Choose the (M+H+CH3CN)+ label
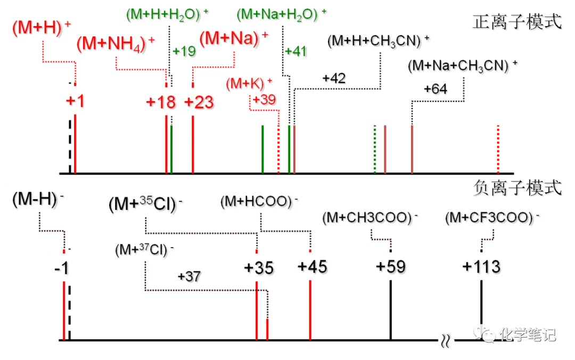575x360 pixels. click(x=379, y=40)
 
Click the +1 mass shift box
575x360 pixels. click(x=75, y=101)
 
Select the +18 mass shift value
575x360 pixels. click(x=160, y=102)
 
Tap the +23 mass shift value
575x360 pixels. click(x=199, y=102)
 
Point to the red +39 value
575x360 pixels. click(x=264, y=100)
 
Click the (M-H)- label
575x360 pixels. click(x=38, y=199)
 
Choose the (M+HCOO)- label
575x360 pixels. click(x=259, y=202)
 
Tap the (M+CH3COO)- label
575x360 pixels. click(x=371, y=217)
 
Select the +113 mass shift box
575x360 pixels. click(x=481, y=266)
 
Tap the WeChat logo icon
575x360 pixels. click(x=483, y=334)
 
